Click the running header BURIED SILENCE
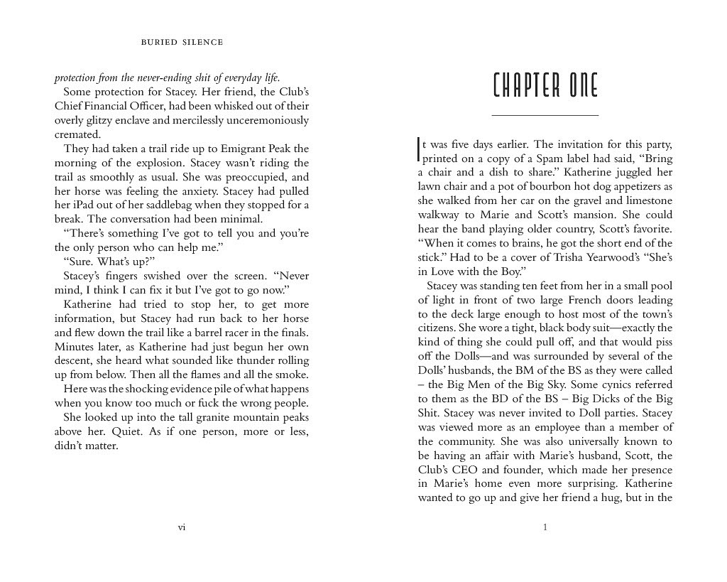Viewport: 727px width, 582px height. [182, 43]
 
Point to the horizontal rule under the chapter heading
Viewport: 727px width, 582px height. [545, 115]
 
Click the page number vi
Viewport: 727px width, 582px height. [182, 527]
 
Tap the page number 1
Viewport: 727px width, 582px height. [545, 527]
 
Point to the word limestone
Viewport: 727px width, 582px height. [643, 200]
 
